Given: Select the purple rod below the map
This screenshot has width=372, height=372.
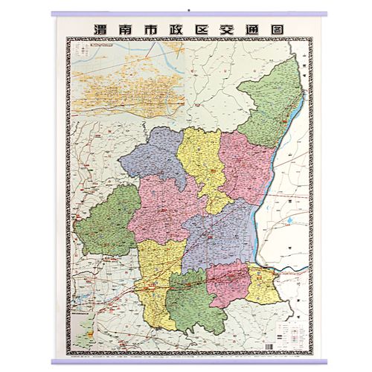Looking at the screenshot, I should (186, 362).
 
